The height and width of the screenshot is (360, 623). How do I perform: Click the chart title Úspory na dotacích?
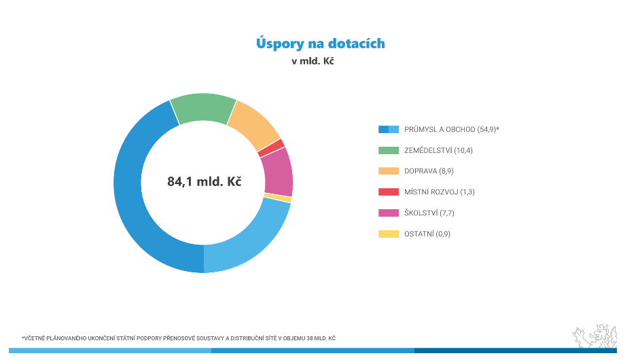click(x=320, y=43)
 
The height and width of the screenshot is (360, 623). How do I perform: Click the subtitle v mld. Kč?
click(x=313, y=61)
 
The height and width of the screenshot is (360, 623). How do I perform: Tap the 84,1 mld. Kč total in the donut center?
click(x=204, y=181)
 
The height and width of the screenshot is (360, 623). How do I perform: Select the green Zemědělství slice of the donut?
click(x=203, y=107)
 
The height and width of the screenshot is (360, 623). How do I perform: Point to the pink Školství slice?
click(x=278, y=173)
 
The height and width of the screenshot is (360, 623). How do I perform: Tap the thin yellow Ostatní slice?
click(x=278, y=198)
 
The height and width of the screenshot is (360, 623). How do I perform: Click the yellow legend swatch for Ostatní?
click(x=388, y=234)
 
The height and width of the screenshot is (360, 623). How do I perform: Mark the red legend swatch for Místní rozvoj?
click(x=388, y=192)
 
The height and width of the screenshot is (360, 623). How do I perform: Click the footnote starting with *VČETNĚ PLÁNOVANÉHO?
click(x=179, y=338)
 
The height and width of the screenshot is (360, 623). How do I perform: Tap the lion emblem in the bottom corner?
click(x=594, y=336)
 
